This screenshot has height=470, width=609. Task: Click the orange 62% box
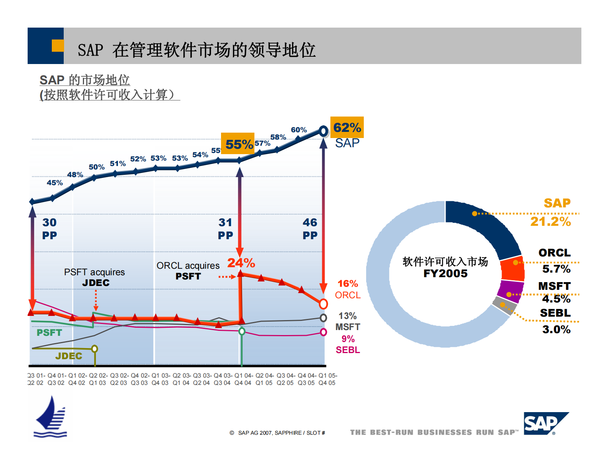click(x=347, y=127)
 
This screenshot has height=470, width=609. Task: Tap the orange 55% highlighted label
click(x=238, y=144)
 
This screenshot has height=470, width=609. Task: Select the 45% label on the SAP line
click(x=54, y=182)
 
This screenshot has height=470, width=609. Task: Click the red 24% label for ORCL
click(x=241, y=263)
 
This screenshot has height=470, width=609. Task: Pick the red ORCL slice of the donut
click(x=513, y=269)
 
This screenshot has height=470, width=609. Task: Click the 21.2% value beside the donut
click(x=550, y=221)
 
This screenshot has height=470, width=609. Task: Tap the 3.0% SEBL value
click(x=556, y=329)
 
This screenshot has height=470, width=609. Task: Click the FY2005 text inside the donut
click(x=445, y=273)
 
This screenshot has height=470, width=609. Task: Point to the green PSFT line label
click(x=49, y=332)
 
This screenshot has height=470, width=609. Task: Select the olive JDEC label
click(x=69, y=356)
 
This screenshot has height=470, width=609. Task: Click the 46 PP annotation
click(x=310, y=228)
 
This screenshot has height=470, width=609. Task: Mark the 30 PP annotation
click(x=50, y=228)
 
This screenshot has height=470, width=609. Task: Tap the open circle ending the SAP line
click(x=323, y=131)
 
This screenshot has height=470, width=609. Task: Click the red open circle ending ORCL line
click(x=323, y=304)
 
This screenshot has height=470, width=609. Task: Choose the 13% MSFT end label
click(x=348, y=321)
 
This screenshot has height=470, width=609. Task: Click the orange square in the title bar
click(x=58, y=46)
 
